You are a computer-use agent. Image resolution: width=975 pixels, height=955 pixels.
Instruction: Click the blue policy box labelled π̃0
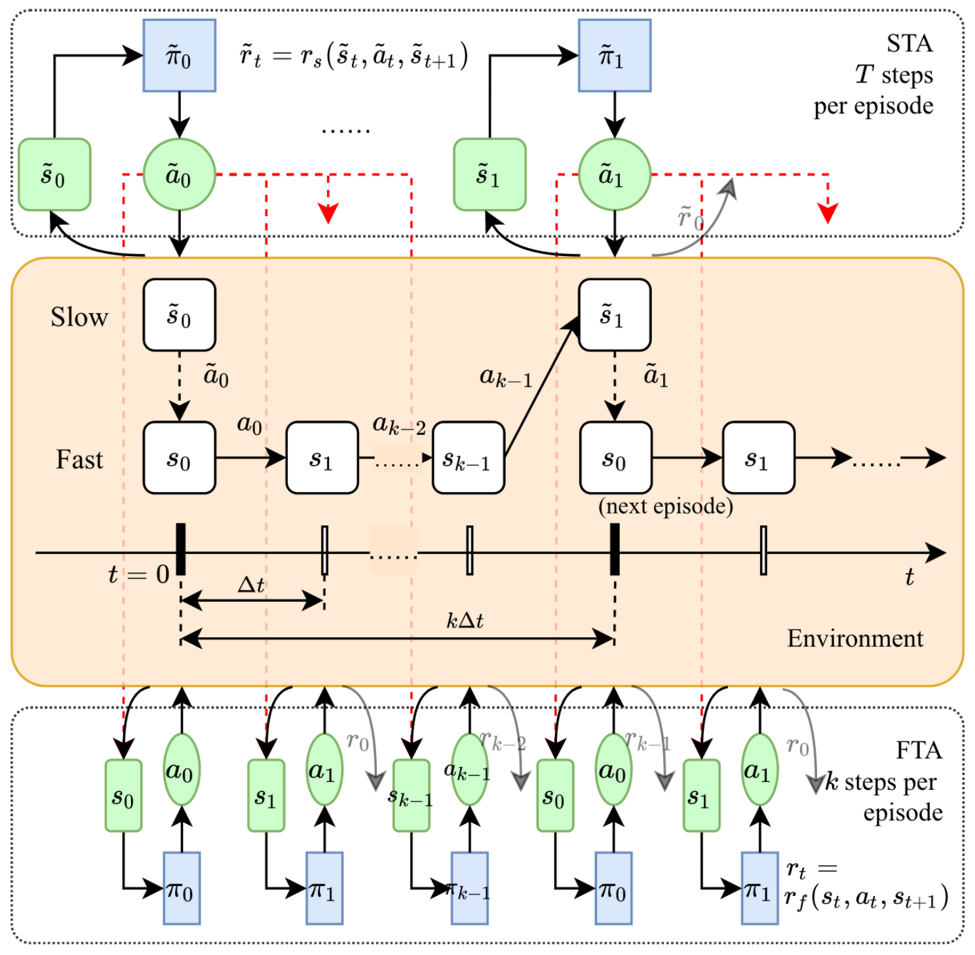[x=179, y=56]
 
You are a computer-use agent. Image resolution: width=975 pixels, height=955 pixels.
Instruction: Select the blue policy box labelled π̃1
[x=614, y=56]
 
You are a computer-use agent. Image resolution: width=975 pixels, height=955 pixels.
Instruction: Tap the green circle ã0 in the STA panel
[x=179, y=175]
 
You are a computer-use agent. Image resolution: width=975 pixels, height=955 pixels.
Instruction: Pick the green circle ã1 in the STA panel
[x=614, y=175]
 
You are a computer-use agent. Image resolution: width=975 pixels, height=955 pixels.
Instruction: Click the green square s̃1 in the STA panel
[x=489, y=175]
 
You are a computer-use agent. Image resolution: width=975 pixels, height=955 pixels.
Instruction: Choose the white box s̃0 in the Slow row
[x=179, y=315]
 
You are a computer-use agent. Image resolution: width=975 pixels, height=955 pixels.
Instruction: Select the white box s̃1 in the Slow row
[x=614, y=315]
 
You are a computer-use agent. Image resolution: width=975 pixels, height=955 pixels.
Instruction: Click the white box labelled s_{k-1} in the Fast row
[x=468, y=458]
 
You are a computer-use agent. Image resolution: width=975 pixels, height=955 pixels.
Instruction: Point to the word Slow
[x=79, y=317]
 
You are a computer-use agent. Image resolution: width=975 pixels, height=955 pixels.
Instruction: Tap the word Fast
[x=79, y=460]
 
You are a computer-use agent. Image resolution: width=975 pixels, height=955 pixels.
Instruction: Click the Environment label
[x=854, y=639]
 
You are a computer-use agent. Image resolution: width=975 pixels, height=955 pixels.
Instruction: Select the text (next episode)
[x=665, y=506]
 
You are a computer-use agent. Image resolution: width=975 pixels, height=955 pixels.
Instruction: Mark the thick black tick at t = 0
[x=181, y=549]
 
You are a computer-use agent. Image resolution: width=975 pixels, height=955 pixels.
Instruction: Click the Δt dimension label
[x=251, y=584]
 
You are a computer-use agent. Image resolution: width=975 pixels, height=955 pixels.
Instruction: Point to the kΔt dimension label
[x=465, y=620]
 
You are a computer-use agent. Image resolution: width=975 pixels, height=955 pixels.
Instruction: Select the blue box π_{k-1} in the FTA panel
[x=469, y=888]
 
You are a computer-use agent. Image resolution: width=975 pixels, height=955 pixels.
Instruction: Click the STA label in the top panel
[x=909, y=44]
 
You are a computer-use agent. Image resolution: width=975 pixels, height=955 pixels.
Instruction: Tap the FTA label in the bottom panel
[x=918, y=750]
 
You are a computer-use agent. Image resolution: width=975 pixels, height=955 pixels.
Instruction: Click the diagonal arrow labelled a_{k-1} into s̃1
[x=541, y=386]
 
